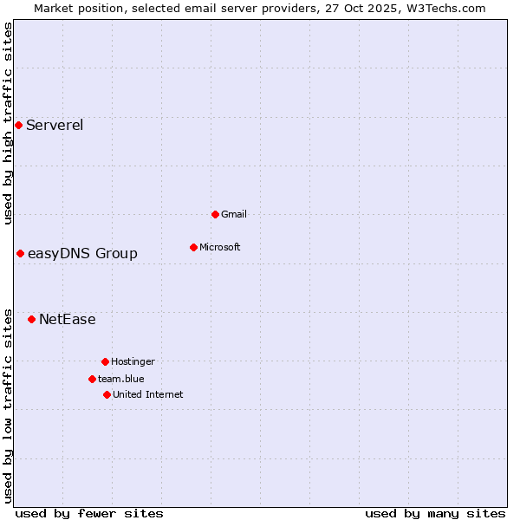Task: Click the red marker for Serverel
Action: pos(18,125)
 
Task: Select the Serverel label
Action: pos(55,125)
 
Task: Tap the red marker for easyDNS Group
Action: pos(20,253)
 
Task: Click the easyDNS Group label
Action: pos(82,253)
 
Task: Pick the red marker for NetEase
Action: pos(31,319)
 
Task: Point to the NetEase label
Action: pos(68,319)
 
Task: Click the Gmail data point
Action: pos(215,214)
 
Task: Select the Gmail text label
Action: pos(234,214)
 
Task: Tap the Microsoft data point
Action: pos(193,247)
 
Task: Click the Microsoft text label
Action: pos(219,247)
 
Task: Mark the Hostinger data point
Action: pos(105,361)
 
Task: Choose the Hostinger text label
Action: pos(133,361)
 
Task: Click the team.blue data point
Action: pos(92,379)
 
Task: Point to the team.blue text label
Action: pos(120,379)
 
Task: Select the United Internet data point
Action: pos(107,394)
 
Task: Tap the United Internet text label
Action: pos(147,394)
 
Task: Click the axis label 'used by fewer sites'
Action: pos(89,513)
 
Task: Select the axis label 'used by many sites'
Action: pos(435,513)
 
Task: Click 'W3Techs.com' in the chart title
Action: pos(447,8)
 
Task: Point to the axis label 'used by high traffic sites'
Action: pos(8,123)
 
